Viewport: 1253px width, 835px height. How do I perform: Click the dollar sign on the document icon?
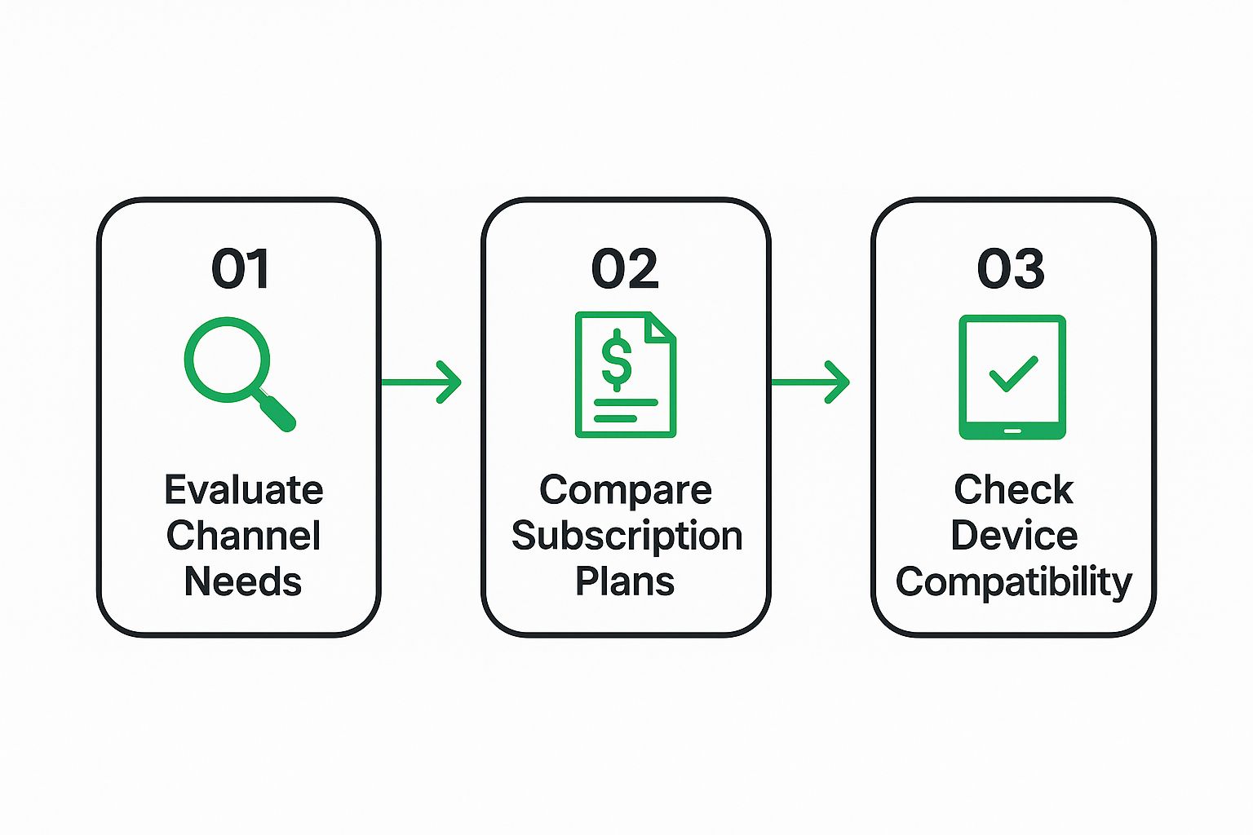pos(617,360)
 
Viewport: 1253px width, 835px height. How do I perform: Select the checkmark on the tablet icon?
pos(1013,373)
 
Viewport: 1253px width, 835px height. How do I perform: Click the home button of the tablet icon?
pos(1012,431)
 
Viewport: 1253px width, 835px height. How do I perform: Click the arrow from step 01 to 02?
pos(421,382)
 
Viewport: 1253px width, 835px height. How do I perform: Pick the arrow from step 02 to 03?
pos(811,382)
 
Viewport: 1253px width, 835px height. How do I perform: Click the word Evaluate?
pos(244,490)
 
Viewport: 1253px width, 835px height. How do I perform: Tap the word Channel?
pos(243,535)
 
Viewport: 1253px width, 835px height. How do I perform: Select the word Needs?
pos(243,581)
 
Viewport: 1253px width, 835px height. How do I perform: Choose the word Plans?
pos(625,581)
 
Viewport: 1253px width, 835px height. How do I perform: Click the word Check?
pos(1013,490)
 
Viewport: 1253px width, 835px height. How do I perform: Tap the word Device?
pos(1014,535)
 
